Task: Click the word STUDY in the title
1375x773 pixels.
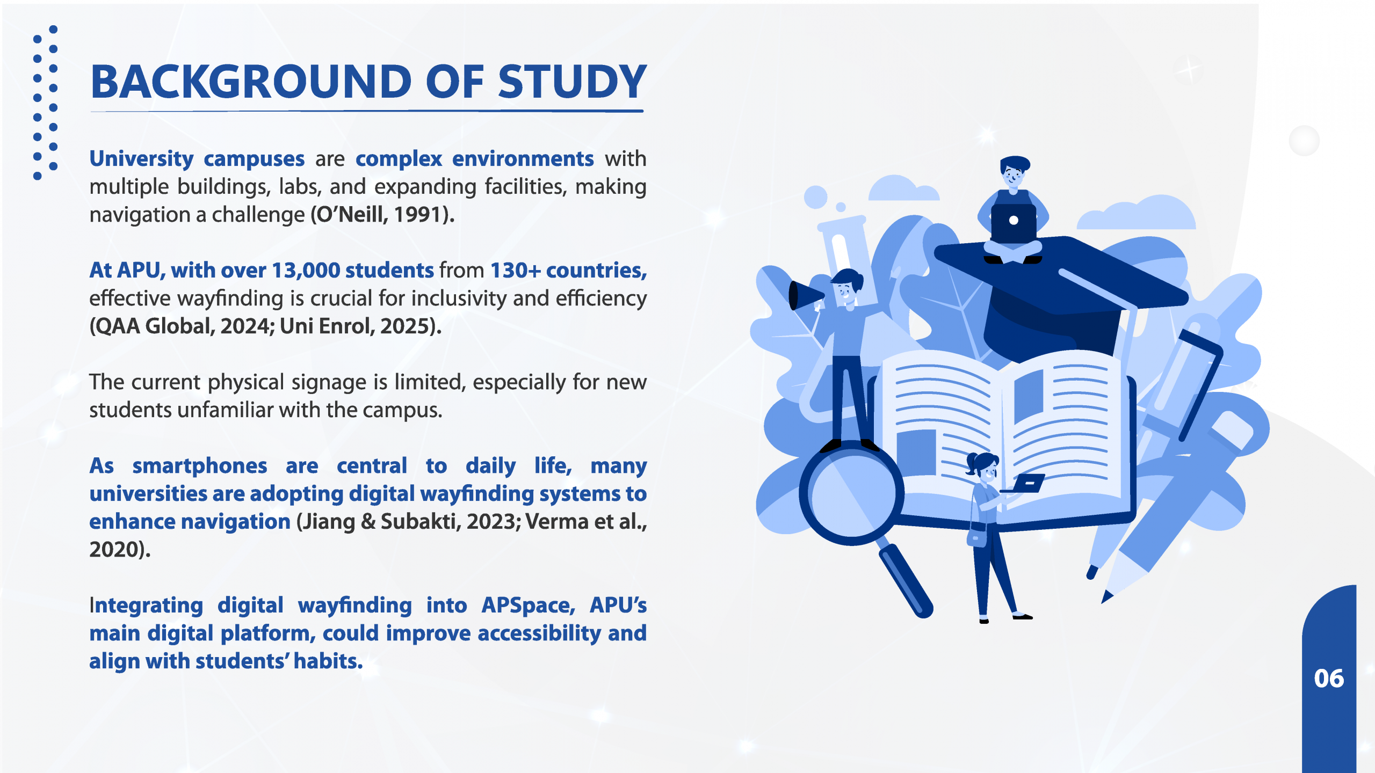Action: [x=572, y=82]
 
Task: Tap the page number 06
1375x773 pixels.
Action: [x=1329, y=679]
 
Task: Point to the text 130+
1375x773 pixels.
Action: [x=515, y=271]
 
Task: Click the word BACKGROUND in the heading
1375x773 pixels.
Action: [x=251, y=82]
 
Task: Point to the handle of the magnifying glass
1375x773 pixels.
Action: [x=906, y=581]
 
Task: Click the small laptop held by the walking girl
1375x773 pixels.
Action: [x=1026, y=484]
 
